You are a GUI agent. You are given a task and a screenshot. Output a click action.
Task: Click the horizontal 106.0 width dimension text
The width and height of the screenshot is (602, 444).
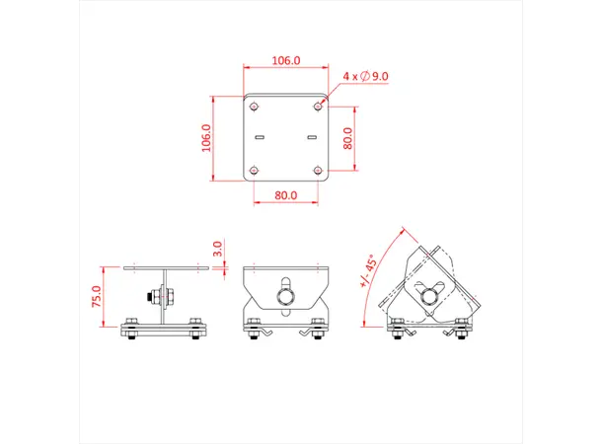pos(285,60)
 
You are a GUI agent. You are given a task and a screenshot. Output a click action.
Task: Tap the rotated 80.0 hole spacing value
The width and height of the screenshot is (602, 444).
pos(346,138)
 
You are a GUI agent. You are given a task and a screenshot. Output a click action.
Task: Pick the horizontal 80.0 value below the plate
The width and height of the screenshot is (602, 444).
pos(285,195)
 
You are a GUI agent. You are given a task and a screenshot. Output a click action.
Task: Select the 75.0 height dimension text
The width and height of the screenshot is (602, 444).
pos(96,297)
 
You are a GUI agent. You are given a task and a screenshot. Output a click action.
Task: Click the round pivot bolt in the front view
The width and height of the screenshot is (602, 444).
pos(285,296)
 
